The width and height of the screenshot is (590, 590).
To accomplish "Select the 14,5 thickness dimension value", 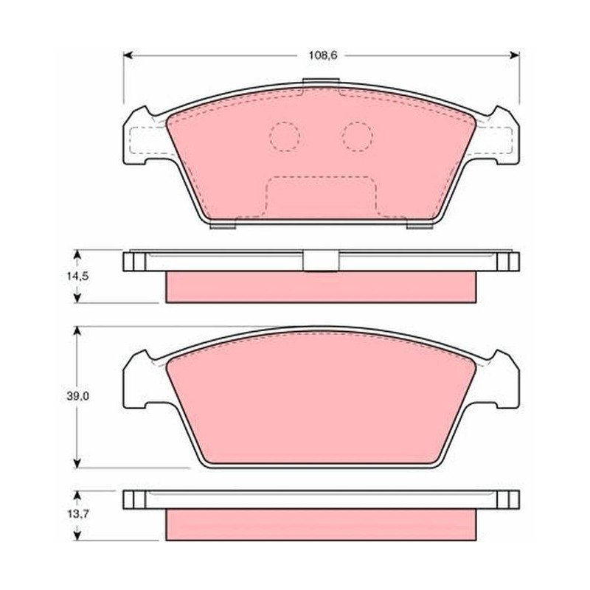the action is (x=77, y=276).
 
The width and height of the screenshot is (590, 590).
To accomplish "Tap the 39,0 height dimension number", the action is (x=78, y=396).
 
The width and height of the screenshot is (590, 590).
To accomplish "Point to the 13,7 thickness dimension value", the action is (x=78, y=514).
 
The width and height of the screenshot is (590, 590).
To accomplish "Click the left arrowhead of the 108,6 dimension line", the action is (x=128, y=55).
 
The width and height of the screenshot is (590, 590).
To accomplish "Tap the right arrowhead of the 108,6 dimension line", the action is (x=515, y=55).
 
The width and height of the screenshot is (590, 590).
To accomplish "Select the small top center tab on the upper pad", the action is (x=321, y=83).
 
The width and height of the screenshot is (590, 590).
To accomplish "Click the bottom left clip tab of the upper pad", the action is (x=223, y=226).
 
